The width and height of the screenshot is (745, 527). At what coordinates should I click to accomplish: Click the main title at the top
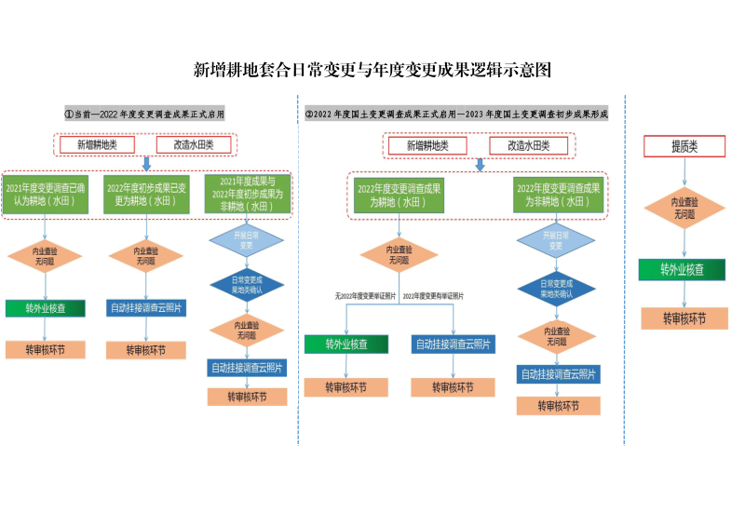372,70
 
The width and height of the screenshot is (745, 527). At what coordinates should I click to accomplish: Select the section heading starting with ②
456,114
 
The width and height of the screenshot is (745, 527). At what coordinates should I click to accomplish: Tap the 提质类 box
684,146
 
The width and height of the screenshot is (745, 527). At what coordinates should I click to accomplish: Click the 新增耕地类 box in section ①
97,144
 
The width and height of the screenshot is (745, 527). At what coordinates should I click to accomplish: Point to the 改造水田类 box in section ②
528,145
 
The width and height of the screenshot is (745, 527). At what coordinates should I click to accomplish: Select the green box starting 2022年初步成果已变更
145,195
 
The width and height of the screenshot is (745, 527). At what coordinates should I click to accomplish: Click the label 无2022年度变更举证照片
366,295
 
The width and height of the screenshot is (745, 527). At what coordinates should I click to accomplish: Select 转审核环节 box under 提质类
684,318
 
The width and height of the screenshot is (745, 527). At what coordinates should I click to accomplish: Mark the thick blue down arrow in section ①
145,164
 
